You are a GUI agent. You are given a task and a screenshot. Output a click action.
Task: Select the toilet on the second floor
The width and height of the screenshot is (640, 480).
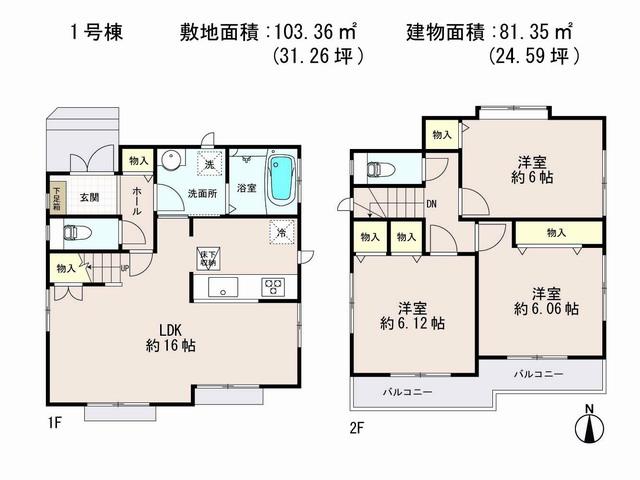pos(380,169)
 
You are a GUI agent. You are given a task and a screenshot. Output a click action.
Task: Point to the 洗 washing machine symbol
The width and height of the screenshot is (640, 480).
pos(209,163)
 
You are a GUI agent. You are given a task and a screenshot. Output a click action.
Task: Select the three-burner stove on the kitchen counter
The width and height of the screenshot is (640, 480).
pos(273,287)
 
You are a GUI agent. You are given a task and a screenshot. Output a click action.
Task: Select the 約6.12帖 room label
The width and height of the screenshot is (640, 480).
pos(413,316)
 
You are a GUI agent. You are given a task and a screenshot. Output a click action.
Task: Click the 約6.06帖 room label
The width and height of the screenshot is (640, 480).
pos(544,301)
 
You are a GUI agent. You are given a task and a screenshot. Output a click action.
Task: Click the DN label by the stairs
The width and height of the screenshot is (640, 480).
pos(431,204)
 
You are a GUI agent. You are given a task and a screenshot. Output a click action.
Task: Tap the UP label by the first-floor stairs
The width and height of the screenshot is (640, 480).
pos(123,268)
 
